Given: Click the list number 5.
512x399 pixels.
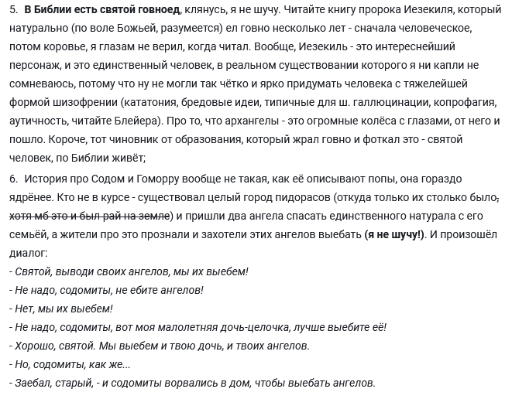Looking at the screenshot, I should pos(13,10).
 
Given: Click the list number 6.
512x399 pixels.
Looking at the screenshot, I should pos(13,178).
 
